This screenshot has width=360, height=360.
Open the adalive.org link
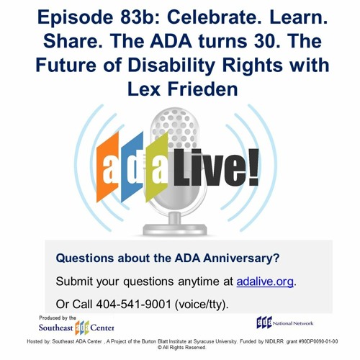coord(265,282)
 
